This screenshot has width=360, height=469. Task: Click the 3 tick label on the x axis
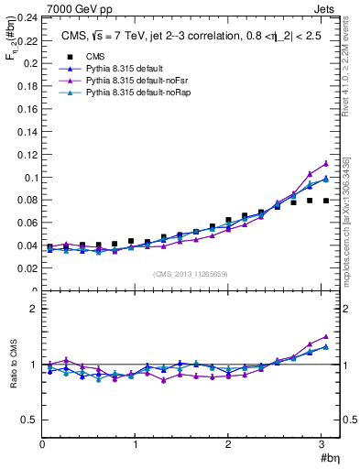pos(322,445)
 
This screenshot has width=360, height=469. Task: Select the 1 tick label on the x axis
pos(136,445)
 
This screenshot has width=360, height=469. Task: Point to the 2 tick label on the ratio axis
pos(33,309)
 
